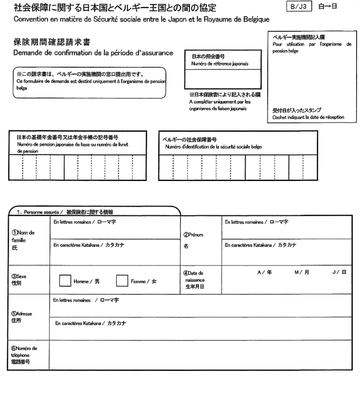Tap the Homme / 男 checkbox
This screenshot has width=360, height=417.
click(65, 281)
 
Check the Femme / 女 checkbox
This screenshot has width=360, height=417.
click(122, 281)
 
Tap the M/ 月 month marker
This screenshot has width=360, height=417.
click(301, 273)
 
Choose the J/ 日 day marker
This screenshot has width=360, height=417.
click(339, 273)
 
